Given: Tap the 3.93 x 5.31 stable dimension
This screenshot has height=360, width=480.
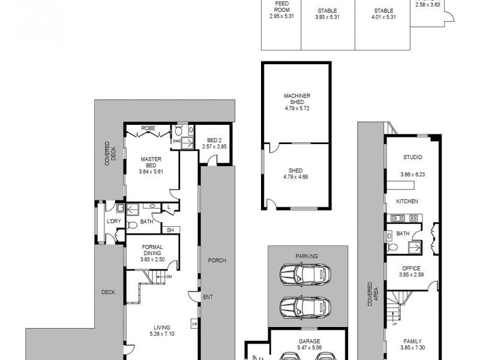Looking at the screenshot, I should coord(326,16).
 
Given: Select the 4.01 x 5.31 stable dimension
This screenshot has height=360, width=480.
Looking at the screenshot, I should coord(383,16).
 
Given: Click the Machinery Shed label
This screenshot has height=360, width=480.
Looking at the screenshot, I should coord(296,98).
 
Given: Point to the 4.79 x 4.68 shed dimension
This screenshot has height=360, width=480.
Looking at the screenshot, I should coord(296,176).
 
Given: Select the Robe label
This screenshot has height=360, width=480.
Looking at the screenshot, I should coord(148,128).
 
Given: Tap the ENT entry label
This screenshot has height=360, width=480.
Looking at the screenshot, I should coord(208,296).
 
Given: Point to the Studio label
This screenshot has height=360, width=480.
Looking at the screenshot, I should coord(412,157).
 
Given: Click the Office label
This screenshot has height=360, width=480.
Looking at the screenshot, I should coord(411,268).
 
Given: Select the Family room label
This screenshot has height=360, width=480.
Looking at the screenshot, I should coord(411,341).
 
